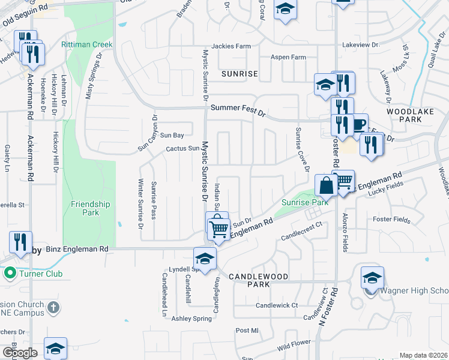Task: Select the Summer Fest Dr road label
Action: [x=238, y=109]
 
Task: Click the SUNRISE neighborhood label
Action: [x=240, y=74]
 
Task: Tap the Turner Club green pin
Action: [x=10, y=274]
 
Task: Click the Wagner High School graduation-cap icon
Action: [x=372, y=278]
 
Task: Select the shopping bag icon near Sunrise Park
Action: [x=326, y=185]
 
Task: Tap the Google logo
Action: [x=20, y=352]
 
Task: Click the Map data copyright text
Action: [x=422, y=355]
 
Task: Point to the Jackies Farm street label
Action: [x=231, y=46]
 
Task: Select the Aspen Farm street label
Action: [x=289, y=58]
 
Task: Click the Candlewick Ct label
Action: [x=277, y=305]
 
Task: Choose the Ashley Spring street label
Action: [x=191, y=318]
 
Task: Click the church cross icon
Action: [x=53, y=307]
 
